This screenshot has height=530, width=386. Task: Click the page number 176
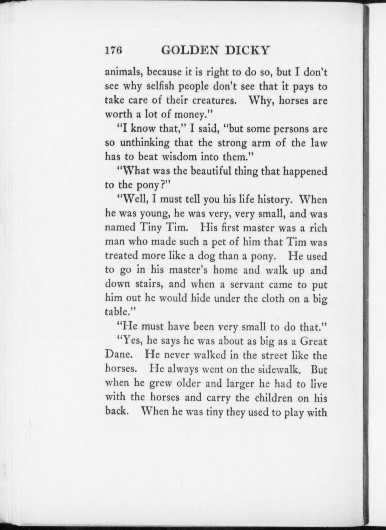click(x=113, y=50)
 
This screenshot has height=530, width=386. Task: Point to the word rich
click(x=318, y=228)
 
